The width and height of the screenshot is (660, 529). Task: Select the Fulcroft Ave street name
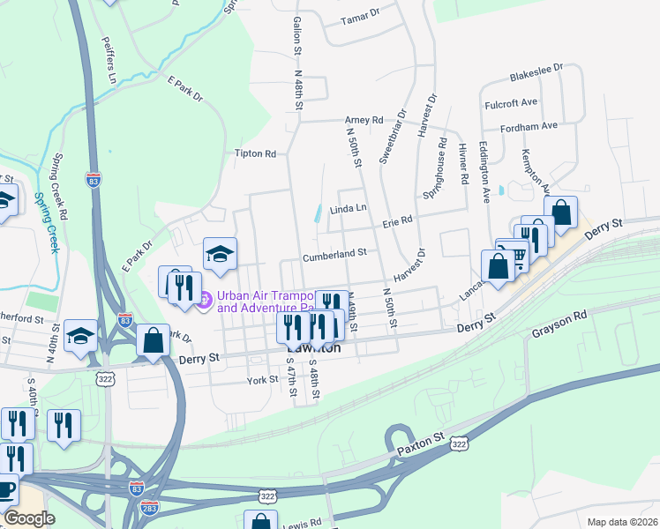(x=511, y=103)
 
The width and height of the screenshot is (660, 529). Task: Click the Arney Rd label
(x=364, y=120)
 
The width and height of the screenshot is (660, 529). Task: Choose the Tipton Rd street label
(x=255, y=153)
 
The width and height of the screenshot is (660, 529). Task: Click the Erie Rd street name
(x=397, y=220)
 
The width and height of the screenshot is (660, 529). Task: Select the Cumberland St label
(x=334, y=254)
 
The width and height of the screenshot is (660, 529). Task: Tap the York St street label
(x=262, y=380)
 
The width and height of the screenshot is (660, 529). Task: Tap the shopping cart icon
(x=515, y=254)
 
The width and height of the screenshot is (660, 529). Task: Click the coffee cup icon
(x=6, y=488)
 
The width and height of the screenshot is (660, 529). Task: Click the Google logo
(x=29, y=518)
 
